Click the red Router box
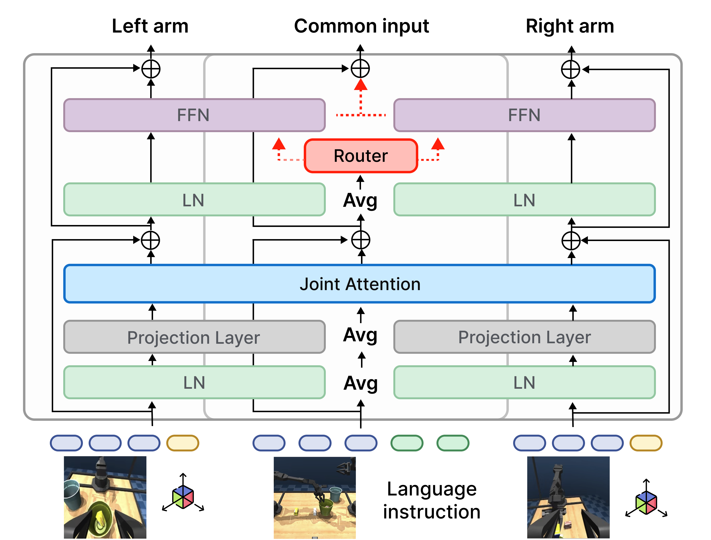click(361, 156)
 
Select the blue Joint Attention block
click(360, 284)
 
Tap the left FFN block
click(194, 115)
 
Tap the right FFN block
click(524, 115)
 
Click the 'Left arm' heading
click(150, 26)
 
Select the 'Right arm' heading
click(570, 26)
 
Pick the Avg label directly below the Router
click(360, 200)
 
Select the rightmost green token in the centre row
click(453, 443)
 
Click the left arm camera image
click(105, 497)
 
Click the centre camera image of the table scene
click(315, 498)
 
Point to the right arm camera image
click(568, 497)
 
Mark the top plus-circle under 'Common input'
click(360, 68)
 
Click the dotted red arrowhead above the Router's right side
click(438, 144)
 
